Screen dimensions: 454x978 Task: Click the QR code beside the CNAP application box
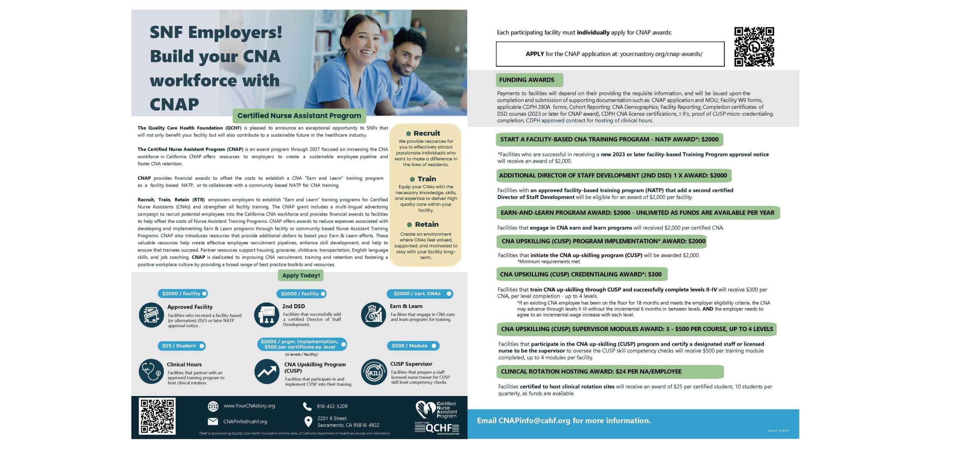click(754, 47)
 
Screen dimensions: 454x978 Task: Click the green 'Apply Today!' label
click(301, 275)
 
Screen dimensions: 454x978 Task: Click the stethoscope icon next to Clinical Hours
click(151, 371)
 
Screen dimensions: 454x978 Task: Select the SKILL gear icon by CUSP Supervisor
click(374, 372)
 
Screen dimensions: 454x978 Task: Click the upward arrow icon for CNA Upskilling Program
click(267, 372)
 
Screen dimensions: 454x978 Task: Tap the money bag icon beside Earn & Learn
click(373, 315)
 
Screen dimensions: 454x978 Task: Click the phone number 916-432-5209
click(332, 406)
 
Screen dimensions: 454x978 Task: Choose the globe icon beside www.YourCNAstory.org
click(213, 406)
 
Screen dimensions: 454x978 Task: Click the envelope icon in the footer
click(212, 422)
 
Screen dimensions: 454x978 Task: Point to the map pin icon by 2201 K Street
click(308, 422)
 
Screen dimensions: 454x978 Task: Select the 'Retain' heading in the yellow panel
click(426, 225)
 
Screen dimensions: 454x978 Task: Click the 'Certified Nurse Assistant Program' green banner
click(299, 116)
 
